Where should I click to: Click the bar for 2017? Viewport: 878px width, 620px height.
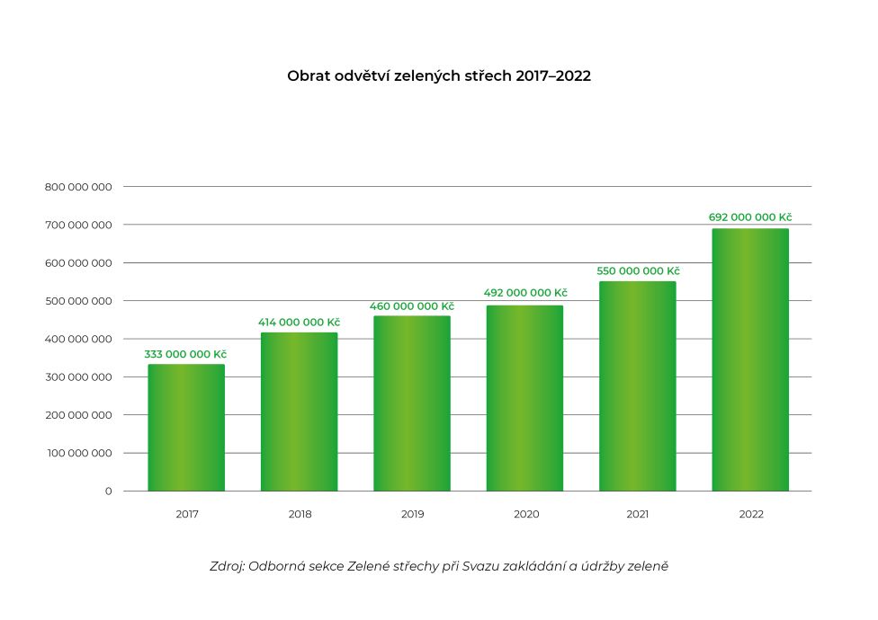186,428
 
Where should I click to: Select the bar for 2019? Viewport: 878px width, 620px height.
412,403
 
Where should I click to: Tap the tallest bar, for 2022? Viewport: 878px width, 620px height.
750,359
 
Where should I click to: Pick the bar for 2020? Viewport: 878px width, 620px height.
524,398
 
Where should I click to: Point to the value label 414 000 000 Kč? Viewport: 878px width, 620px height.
300,323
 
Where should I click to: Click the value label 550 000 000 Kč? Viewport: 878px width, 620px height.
638,271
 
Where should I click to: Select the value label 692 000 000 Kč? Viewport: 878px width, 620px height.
750,217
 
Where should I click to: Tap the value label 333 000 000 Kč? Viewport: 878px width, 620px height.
186,354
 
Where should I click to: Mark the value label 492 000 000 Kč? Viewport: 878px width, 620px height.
524,293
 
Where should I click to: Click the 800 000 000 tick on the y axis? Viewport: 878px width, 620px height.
78,187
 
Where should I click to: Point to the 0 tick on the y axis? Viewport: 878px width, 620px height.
108,492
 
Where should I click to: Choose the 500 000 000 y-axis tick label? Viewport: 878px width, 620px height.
78,301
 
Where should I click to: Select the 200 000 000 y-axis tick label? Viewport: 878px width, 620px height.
78,415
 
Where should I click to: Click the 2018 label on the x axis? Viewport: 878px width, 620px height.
300,515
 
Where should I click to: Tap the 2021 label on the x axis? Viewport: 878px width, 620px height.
638,515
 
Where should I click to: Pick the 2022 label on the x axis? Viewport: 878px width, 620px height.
750,515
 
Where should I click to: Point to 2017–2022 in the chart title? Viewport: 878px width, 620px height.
553,76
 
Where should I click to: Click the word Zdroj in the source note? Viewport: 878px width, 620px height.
225,567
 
